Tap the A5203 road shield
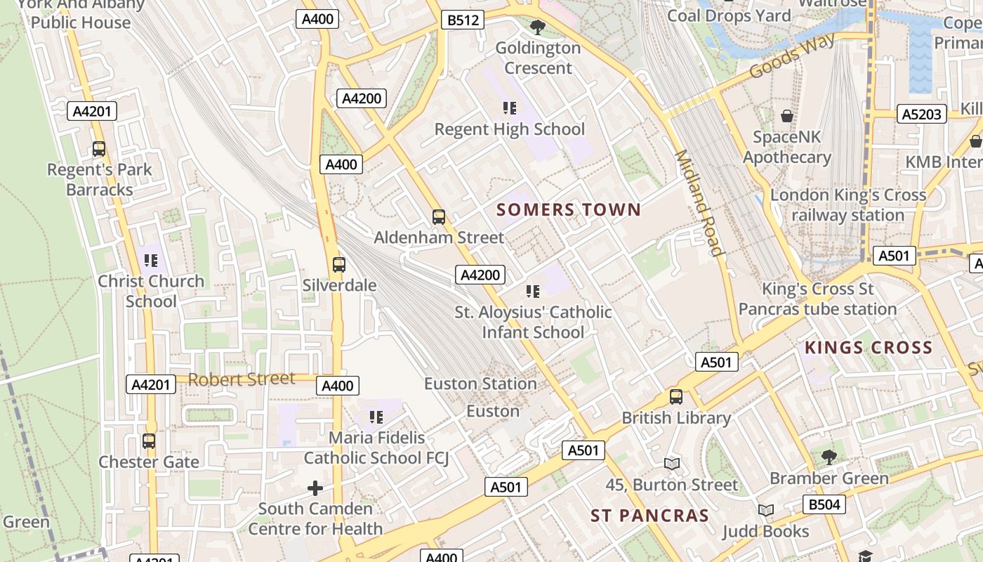coord(921,114)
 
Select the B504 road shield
coord(824,504)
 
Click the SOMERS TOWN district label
coord(569,209)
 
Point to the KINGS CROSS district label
coord(869,347)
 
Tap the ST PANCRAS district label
coord(649,516)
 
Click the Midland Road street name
coord(699,203)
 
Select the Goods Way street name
coord(791,55)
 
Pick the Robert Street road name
coord(242,379)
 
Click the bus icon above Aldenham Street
coord(439,217)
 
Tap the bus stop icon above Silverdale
coord(339,265)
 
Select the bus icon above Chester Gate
coord(149,441)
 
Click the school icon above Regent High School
coord(510,108)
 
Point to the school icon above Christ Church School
coord(151,261)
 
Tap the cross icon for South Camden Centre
coord(315,488)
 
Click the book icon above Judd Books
coord(765,511)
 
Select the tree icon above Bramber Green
coord(829,457)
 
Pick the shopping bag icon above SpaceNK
coord(786,116)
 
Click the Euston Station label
coord(480,384)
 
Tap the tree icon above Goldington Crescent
coord(538,27)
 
